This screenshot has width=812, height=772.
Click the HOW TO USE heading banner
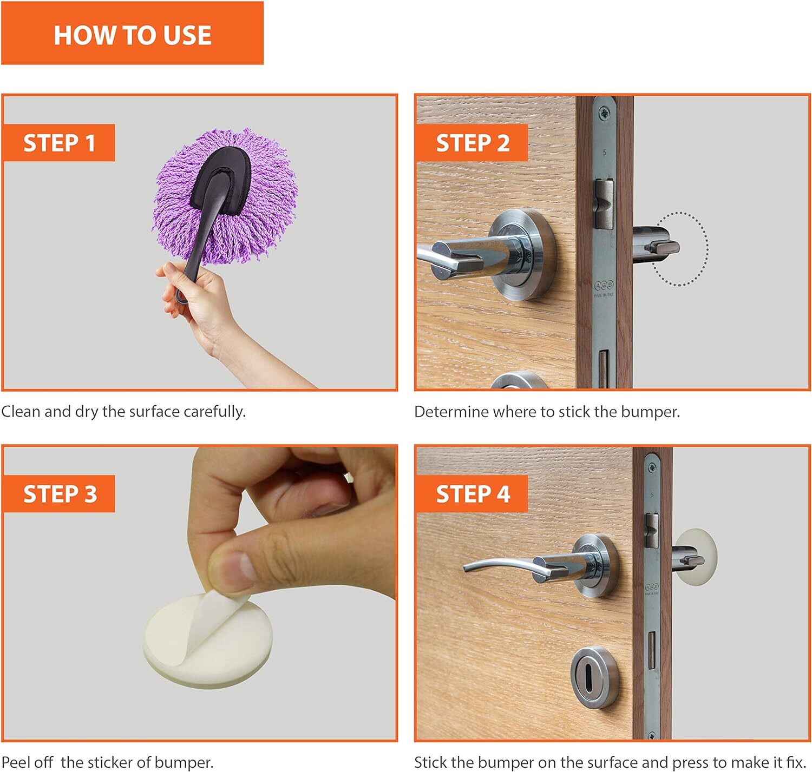pyautogui.click(x=132, y=33)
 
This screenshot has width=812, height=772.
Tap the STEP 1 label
pyautogui.click(x=59, y=143)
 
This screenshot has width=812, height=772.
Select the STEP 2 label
pyautogui.click(x=472, y=143)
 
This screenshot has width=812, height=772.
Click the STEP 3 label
pyautogui.click(x=59, y=494)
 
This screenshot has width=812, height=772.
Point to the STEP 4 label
pyautogui.click(x=472, y=494)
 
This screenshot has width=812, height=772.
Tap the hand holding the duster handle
pyautogui.click(x=198, y=301)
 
